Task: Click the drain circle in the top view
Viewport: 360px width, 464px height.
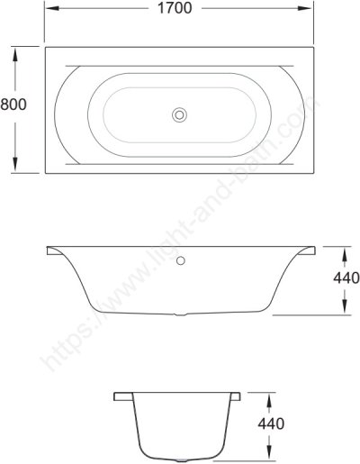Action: tap(180, 114)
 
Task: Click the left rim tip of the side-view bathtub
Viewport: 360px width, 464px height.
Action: tap(47, 249)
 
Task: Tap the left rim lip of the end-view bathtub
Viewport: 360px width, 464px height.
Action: tap(119, 396)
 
